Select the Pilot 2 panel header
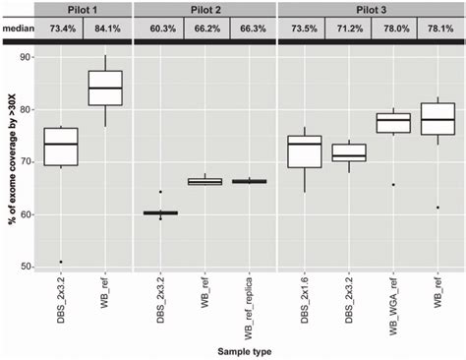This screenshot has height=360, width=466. pos(204,9)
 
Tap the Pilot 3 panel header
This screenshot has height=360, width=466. pos(371,9)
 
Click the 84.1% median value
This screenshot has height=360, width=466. pos(105,30)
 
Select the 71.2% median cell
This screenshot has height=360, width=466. pos(346,30)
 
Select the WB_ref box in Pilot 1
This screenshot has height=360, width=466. pos(105,87)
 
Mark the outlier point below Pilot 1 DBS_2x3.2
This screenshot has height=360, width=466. pos(60,262)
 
